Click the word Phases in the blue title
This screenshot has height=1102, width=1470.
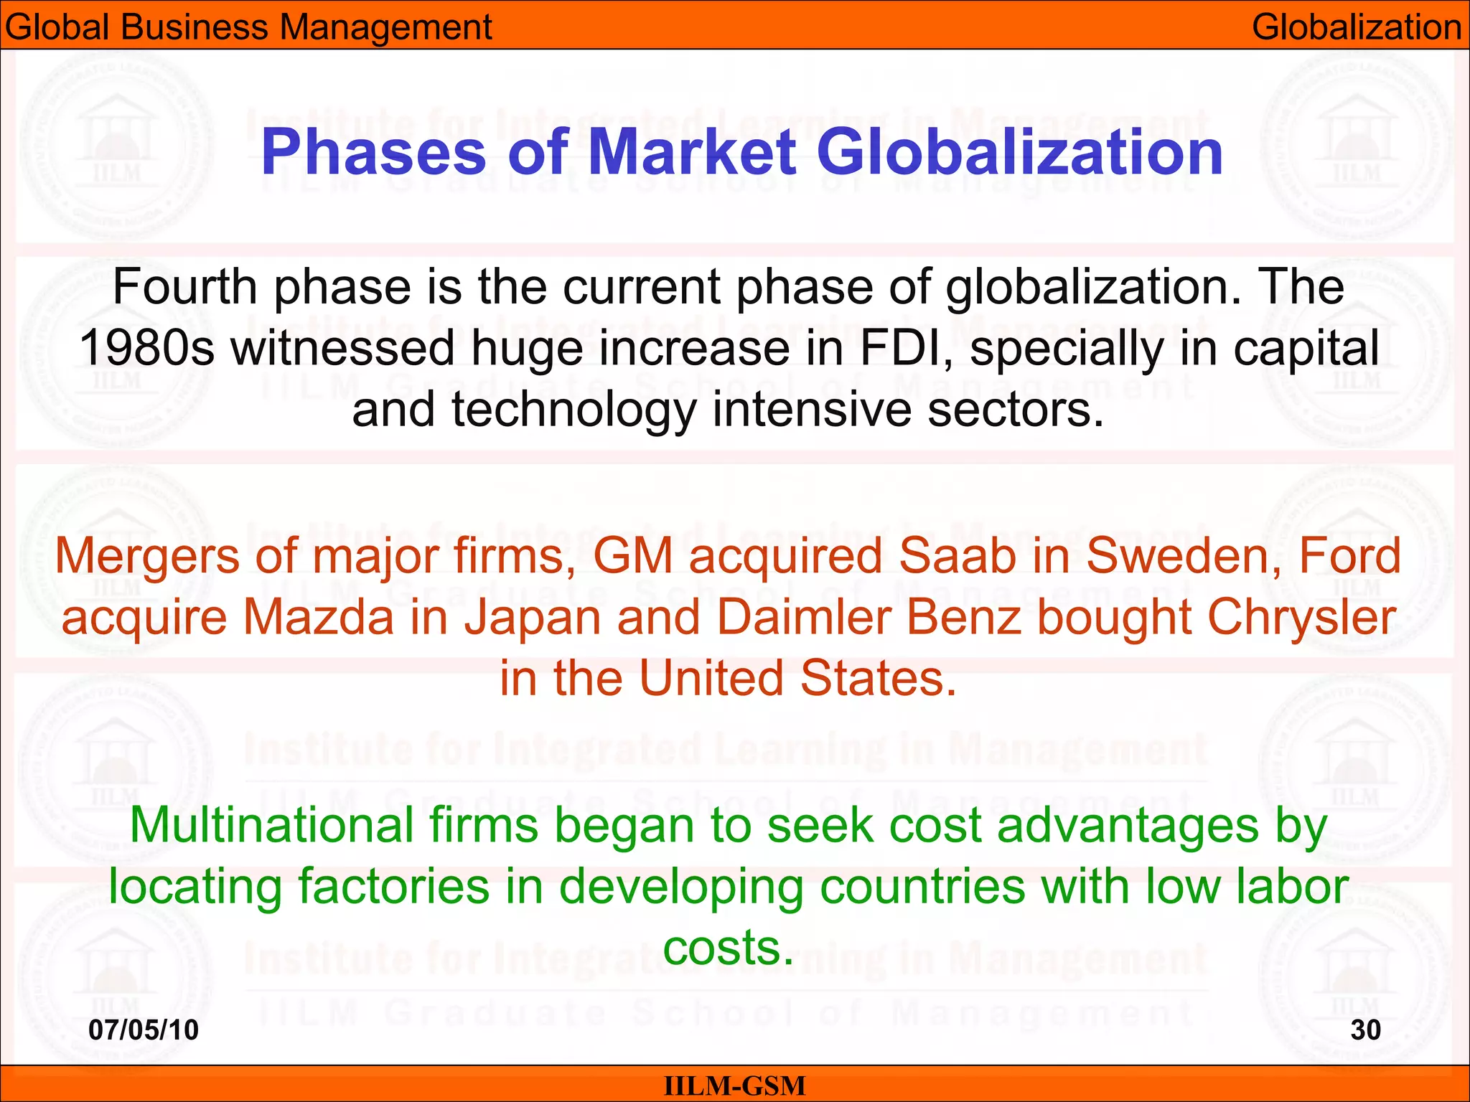[373, 153]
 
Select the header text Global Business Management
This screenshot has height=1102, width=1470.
[248, 27]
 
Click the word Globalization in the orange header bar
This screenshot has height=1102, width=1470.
[1356, 27]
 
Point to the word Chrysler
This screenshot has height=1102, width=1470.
[1301, 617]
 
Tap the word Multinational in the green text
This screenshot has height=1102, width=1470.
[271, 825]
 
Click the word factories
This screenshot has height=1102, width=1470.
[393, 887]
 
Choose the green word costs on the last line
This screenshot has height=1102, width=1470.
[728, 948]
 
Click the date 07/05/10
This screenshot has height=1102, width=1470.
[144, 1030]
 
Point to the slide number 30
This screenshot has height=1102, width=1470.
[1365, 1030]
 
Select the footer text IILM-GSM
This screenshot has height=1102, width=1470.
[734, 1085]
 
